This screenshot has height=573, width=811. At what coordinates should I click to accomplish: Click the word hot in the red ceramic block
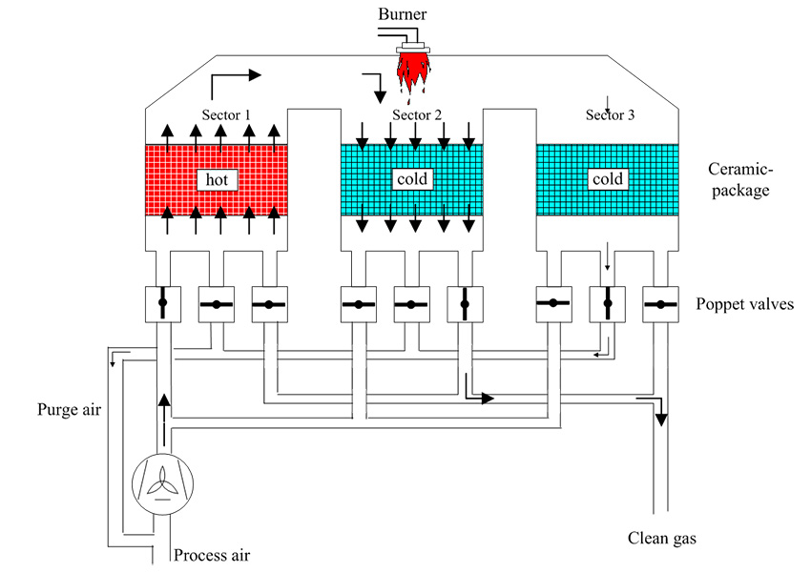(215, 178)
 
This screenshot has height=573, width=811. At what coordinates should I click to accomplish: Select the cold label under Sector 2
(412, 178)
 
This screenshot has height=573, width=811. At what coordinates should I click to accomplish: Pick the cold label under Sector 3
(607, 178)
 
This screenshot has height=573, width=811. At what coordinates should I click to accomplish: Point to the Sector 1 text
(226, 115)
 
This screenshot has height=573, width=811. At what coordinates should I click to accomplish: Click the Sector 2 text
(417, 115)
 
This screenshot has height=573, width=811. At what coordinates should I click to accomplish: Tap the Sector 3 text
(610, 115)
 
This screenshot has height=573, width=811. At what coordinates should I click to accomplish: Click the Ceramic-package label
(738, 179)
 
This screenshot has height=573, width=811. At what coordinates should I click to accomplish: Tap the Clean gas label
(662, 539)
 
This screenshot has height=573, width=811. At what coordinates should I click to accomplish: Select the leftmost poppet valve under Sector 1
(163, 304)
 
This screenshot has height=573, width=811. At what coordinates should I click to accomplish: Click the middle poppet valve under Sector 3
(606, 304)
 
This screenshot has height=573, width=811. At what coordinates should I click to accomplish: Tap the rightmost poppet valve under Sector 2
(464, 304)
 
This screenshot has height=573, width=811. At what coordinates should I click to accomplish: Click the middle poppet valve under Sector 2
(411, 304)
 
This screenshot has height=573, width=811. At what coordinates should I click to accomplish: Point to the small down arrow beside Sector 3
(608, 102)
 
